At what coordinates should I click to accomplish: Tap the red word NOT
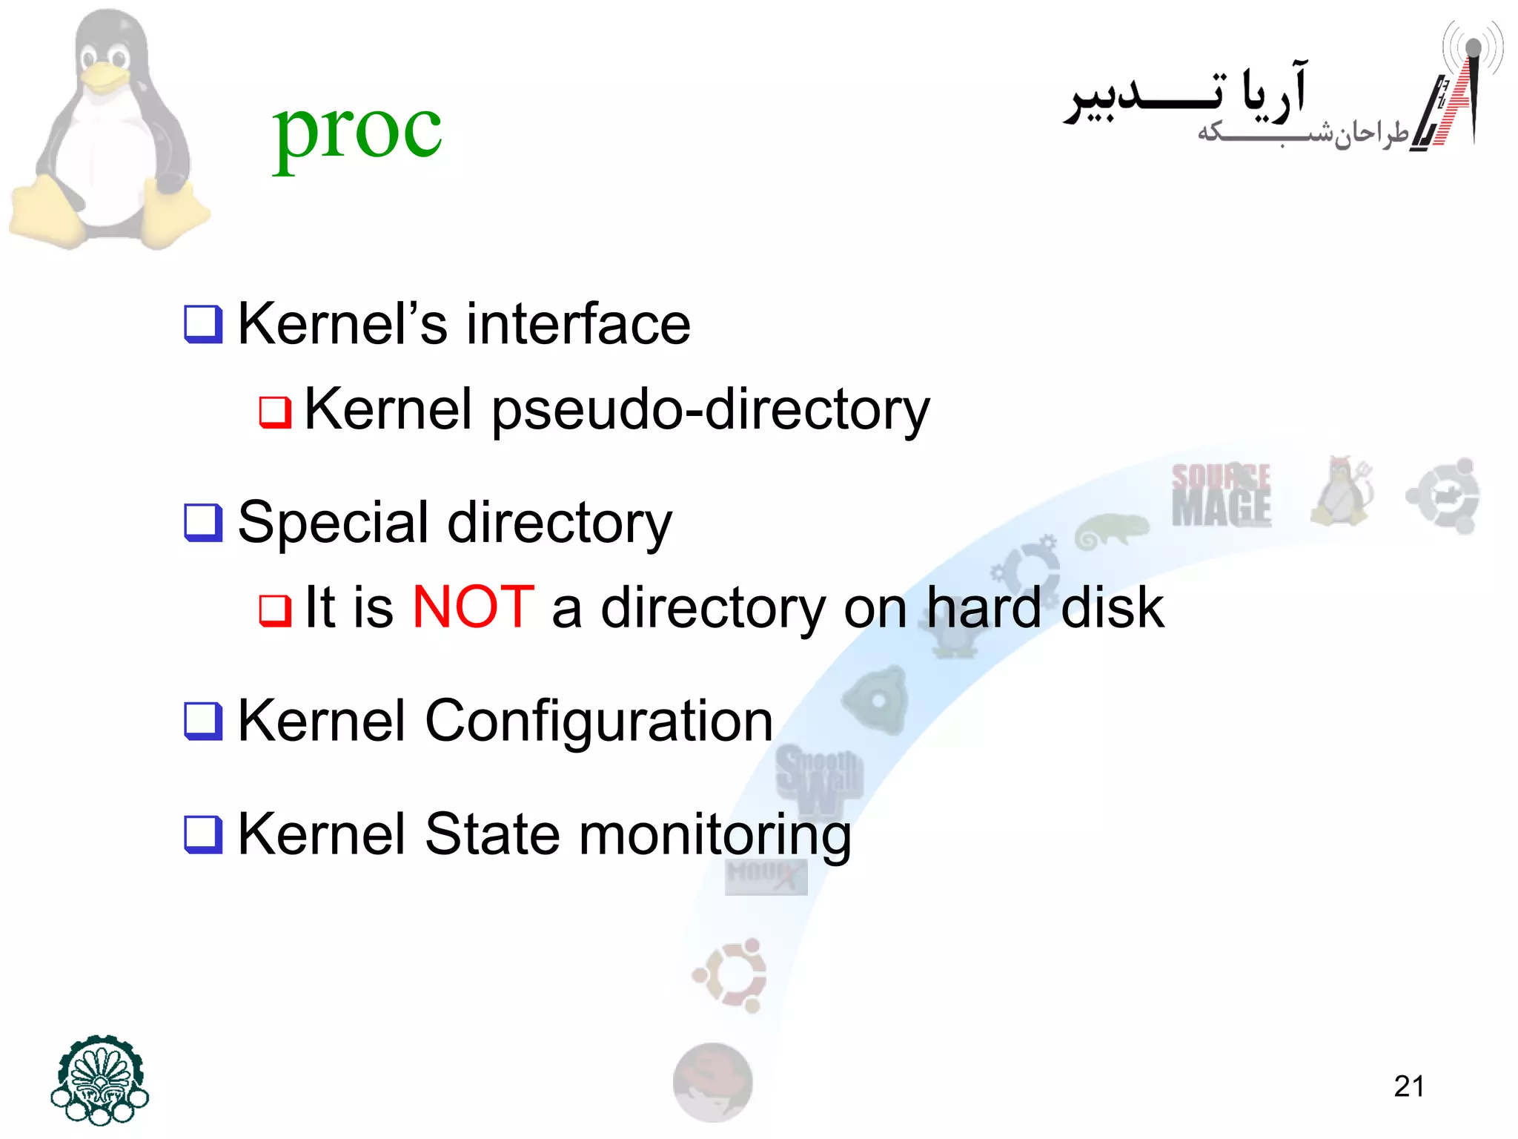coord(473,607)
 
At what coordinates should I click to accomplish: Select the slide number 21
coord(1408,1086)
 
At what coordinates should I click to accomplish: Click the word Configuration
coord(599,721)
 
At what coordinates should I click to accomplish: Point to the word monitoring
coord(715,835)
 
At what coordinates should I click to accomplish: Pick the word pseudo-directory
coord(710,410)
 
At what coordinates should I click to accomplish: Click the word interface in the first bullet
coord(578,324)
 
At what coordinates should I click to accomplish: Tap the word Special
coord(333,522)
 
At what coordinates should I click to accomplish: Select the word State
coord(492,834)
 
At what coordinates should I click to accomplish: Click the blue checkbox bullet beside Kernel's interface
coord(203,325)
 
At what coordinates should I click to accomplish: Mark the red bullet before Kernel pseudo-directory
coord(275,412)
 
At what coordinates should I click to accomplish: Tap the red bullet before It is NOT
coord(275,610)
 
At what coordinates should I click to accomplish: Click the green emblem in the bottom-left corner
coord(99,1080)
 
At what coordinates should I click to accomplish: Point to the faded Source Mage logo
coord(1221,495)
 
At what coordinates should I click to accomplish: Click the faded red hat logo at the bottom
coord(712,1082)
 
